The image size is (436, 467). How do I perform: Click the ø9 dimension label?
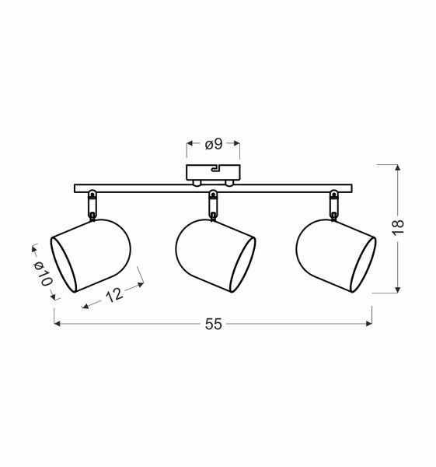(x=214, y=145)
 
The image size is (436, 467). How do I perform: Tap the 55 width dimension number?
(x=214, y=324)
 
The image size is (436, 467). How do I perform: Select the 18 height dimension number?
(x=398, y=227)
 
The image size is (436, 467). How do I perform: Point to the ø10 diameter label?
(x=44, y=274)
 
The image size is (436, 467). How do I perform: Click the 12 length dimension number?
(x=114, y=295)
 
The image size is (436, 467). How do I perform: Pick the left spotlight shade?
(x=91, y=256)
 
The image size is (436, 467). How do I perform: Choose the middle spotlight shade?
(x=215, y=256)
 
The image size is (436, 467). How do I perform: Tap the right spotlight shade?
(x=336, y=256)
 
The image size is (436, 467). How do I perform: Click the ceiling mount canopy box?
(x=213, y=173)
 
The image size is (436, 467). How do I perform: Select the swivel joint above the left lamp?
(x=92, y=205)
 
